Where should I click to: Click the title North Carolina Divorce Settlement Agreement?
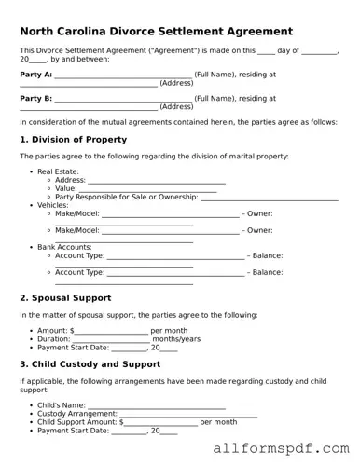click(156, 32)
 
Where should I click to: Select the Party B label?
click(35, 97)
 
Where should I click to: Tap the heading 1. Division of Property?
click(73, 140)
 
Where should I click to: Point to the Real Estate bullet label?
click(58, 171)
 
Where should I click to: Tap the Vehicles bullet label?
click(55, 205)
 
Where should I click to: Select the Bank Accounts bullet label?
click(64, 247)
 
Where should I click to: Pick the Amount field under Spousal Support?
click(110, 331)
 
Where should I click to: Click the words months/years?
click(176, 339)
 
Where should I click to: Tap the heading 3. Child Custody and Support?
click(90, 364)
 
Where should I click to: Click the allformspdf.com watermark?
click(281, 448)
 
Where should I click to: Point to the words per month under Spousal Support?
click(169, 331)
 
